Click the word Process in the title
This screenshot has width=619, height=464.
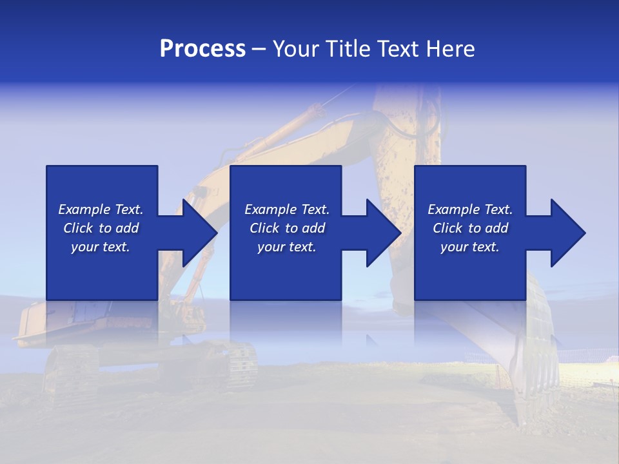pyautogui.click(x=202, y=49)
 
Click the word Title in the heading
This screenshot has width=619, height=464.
pyautogui.click(x=347, y=49)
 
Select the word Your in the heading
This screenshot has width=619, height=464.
pyautogui.click(x=297, y=49)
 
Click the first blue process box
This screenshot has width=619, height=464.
pyautogui.click(x=102, y=187)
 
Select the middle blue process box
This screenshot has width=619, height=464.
pyautogui.click(x=286, y=187)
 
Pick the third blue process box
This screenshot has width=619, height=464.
pyautogui.click(x=469, y=187)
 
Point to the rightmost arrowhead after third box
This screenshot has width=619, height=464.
pyautogui.click(x=567, y=233)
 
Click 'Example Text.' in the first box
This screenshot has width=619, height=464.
pyautogui.click(x=101, y=209)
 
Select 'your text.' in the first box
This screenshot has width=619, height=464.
pyautogui.click(x=101, y=247)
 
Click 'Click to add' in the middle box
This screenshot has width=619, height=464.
pyautogui.click(x=287, y=228)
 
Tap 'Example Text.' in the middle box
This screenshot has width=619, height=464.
pyautogui.click(x=287, y=209)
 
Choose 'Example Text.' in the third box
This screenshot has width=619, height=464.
pyautogui.click(x=470, y=209)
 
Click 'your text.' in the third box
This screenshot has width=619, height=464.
pyautogui.click(x=470, y=247)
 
